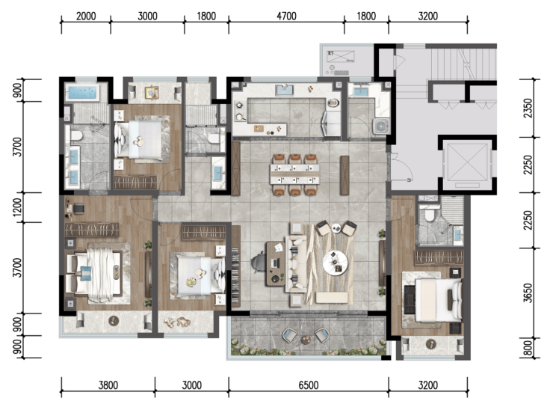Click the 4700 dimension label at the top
(x=286, y=16)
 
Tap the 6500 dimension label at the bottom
(x=309, y=385)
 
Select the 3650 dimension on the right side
(x=528, y=293)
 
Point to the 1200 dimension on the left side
(x=17, y=207)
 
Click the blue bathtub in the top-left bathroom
(x=82, y=93)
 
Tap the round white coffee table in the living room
(x=336, y=263)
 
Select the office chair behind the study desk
(x=258, y=262)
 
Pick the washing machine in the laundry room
(x=381, y=126)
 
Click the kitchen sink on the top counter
(x=285, y=90)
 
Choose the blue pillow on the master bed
(x=86, y=273)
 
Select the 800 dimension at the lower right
(x=528, y=348)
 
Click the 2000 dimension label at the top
(x=86, y=16)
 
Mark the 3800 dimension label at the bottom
(x=108, y=385)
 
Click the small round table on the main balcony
(x=306, y=340)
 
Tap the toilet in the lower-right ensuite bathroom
(x=429, y=215)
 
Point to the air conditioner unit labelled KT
(x=341, y=57)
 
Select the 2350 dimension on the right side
(x=528, y=108)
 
